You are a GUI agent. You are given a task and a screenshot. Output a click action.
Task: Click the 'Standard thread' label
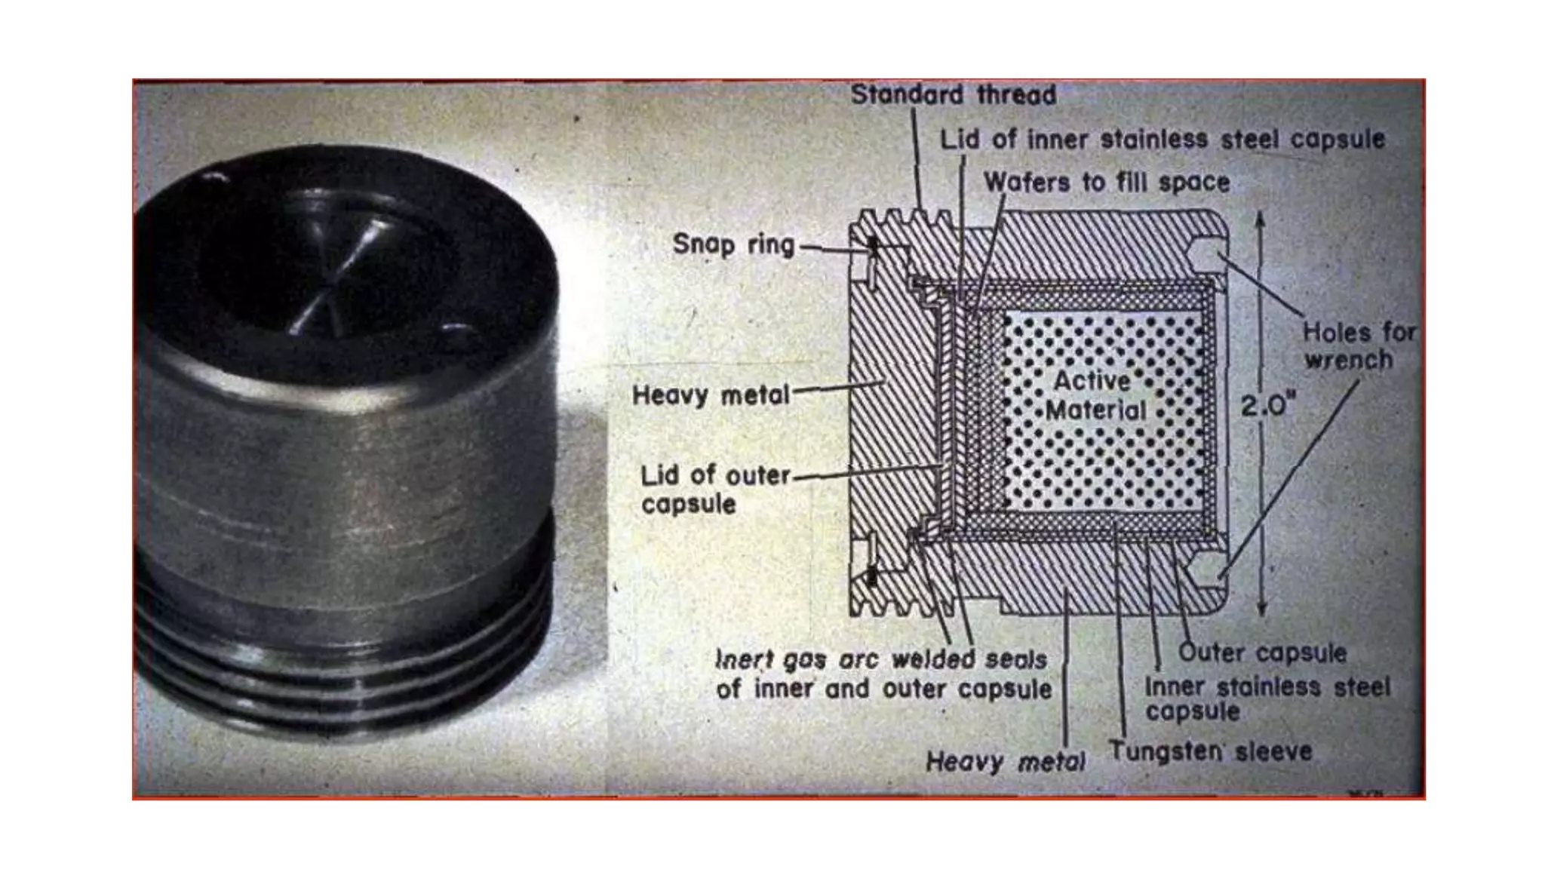pyautogui.click(x=953, y=95)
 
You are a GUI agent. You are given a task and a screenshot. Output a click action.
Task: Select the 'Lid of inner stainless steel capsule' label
pyautogui.click(x=1163, y=140)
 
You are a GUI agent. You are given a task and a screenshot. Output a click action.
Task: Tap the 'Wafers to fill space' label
pyautogui.click(x=1107, y=182)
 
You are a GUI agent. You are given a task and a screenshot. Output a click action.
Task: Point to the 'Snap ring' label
pyautogui.click(x=733, y=244)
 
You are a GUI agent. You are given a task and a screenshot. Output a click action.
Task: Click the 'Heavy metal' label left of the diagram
pyautogui.click(x=710, y=395)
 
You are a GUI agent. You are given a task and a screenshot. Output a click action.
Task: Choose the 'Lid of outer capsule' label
pyautogui.click(x=714, y=490)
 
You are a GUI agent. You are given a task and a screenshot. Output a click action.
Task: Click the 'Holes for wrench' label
pyautogui.click(x=1359, y=345)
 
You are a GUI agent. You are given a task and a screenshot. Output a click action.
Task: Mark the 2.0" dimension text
pyautogui.click(x=1267, y=407)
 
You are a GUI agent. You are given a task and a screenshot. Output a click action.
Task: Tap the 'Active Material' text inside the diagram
pyautogui.click(x=1095, y=395)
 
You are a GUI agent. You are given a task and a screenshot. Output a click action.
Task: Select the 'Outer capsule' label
pyautogui.click(x=1262, y=653)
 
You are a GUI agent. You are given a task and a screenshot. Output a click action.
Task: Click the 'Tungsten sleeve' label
pyautogui.click(x=1210, y=751)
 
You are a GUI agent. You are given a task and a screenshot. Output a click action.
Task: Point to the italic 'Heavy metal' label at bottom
pyautogui.click(x=1005, y=762)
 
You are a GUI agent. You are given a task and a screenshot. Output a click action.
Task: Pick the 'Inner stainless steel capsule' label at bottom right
pyautogui.click(x=1267, y=699)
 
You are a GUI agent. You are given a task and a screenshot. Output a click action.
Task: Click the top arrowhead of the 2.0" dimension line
pyautogui.click(x=1260, y=220)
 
